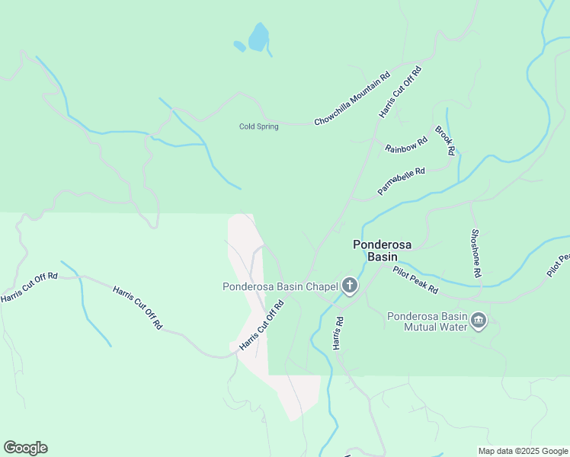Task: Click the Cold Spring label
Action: [x=258, y=126]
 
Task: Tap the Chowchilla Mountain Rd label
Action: [x=352, y=99]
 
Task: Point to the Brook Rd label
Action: [x=445, y=141]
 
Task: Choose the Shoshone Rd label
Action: [x=476, y=253]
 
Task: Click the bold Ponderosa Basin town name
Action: [x=382, y=251]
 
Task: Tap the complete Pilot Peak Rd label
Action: [x=415, y=280]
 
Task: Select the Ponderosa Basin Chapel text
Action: [x=280, y=287]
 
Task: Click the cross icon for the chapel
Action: [x=350, y=286]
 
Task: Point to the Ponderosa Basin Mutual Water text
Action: [x=427, y=322]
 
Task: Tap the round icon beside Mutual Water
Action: [x=479, y=320]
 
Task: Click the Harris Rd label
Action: [x=339, y=334]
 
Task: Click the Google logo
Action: [x=25, y=448]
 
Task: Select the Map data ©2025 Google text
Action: [x=522, y=451]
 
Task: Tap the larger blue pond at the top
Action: [x=259, y=37]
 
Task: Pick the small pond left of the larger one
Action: [x=239, y=46]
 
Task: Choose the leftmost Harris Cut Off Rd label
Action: [x=29, y=286]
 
